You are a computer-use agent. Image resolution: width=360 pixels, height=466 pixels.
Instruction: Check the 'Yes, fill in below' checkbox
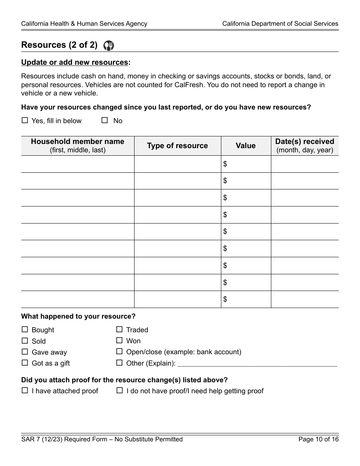click(25, 120)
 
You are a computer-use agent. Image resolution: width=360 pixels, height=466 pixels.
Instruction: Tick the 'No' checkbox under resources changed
click(105, 120)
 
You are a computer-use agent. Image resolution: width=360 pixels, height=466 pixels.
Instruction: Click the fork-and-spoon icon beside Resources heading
click(109, 46)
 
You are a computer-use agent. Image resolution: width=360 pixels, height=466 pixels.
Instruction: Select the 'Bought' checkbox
click(25, 330)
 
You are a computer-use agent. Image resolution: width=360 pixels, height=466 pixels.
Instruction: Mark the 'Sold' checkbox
click(25, 341)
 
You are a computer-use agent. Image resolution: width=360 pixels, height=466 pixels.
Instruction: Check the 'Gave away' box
click(25, 352)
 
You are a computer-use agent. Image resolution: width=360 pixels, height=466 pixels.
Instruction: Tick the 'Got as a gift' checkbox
click(25, 363)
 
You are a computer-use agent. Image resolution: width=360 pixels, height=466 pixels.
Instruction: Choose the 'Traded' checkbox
click(119, 330)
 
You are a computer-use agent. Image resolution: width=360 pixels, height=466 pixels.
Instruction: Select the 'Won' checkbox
click(119, 341)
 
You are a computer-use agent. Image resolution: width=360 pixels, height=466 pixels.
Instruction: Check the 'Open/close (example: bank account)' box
click(119, 352)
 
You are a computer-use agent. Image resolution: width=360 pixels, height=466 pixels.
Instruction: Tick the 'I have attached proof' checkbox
click(25, 390)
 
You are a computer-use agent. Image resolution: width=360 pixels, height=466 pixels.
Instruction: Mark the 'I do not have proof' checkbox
click(119, 390)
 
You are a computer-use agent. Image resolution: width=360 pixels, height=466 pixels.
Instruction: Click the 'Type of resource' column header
click(177, 146)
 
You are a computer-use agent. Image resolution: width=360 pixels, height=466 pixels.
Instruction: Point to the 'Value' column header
click(246, 146)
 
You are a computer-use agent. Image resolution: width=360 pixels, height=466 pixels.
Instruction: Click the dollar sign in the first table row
click(225, 164)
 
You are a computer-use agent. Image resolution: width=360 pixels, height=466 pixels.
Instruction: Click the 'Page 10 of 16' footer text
click(318, 439)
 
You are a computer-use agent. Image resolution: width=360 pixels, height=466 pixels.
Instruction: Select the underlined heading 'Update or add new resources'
click(75, 63)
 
